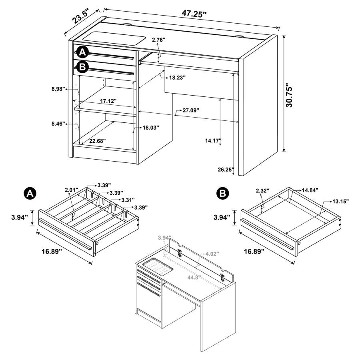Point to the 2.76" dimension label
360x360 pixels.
(x=158, y=40)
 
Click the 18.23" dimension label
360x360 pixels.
(x=178, y=78)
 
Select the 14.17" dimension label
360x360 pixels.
(x=213, y=141)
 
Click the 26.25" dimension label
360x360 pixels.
(x=225, y=169)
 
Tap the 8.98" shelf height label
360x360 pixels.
(x=58, y=89)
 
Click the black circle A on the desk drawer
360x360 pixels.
(x=82, y=52)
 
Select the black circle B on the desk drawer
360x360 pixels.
(x=82, y=67)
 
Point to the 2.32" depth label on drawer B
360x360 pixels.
(x=262, y=191)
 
